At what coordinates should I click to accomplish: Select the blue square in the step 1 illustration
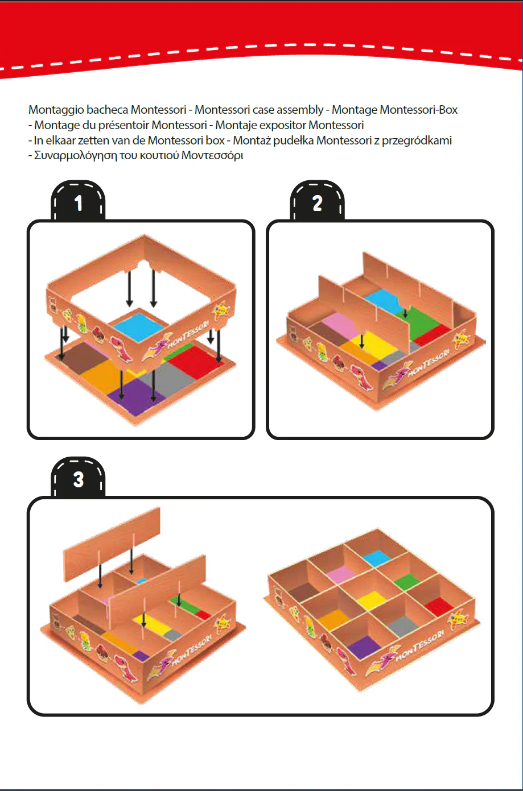tap(138, 326)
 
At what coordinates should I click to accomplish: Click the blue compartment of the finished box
tap(377, 558)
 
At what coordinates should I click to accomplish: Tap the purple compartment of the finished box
tap(364, 647)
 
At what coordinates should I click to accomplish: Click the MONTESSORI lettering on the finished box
tap(419, 646)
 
